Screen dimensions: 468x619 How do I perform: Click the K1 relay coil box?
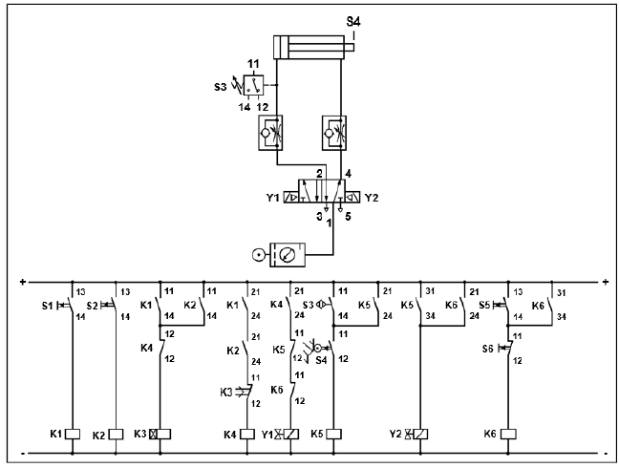click(73, 434)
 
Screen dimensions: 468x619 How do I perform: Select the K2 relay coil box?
click(116, 434)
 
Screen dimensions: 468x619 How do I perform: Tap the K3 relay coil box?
click(159, 434)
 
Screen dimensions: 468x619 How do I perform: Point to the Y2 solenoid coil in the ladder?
click(420, 434)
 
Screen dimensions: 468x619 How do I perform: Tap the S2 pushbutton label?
click(93, 305)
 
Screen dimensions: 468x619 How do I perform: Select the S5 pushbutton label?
click(484, 305)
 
